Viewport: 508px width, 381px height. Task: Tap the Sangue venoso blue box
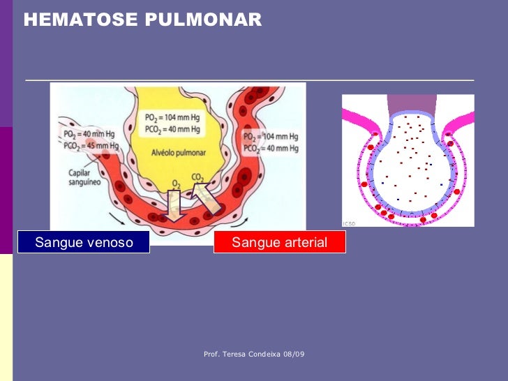[83, 243]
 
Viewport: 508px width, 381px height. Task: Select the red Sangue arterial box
[279, 243]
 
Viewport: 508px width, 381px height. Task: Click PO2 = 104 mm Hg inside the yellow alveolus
[172, 117]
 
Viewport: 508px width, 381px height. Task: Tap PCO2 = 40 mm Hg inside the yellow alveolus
[172, 129]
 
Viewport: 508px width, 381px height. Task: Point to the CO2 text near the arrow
[197, 178]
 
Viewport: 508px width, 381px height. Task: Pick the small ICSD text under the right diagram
[349, 223]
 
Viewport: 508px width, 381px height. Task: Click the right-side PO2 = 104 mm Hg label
[271, 136]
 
